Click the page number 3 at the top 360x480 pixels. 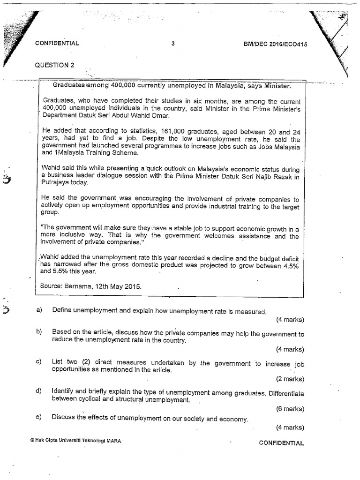[x=173, y=44]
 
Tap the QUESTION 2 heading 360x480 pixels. [x=54, y=65]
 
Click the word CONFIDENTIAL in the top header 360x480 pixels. [x=57, y=44]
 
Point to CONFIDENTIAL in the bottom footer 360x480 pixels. [x=281, y=443]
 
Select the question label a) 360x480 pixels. [x=39, y=311]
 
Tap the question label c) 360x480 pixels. [x=39, y=362]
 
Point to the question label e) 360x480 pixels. [x=39, y=417]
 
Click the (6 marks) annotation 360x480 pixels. [x=290, y=409]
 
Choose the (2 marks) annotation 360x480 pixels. [x=290, y=379]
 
